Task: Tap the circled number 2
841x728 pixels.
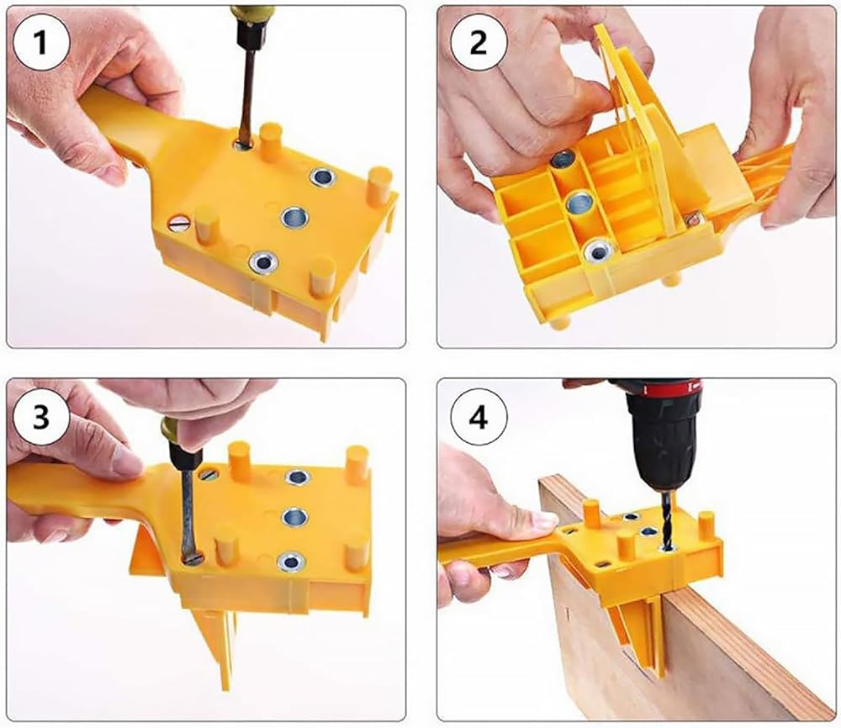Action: click(x=478, y=42)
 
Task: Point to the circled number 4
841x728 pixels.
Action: click(x=478, y=416)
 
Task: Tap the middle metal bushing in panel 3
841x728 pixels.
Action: click(x=295, y=517)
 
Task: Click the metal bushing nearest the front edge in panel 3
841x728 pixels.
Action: click(x=289, y=562)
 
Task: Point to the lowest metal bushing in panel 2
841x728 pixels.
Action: click(x=598, y=251)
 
